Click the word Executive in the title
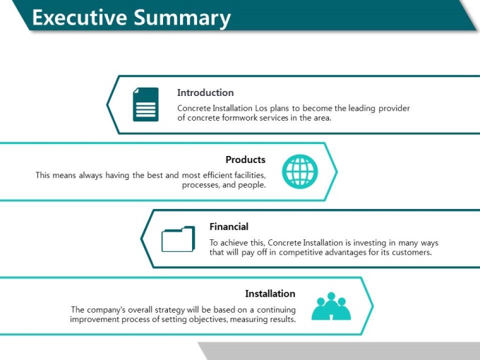[80, 17]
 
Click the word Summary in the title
[182, 18]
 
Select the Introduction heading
[205, 92]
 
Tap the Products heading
[246, 160]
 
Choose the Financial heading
[229, 227]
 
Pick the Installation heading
[270, 294]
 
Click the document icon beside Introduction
[145, 104]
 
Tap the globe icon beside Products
[300, 172]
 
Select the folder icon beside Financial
[178, 239]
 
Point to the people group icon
[331, 306]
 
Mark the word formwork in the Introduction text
[240, 118]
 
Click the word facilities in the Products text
[250, 175]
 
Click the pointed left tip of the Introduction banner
[107, 104]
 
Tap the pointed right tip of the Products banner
[337, 172]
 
